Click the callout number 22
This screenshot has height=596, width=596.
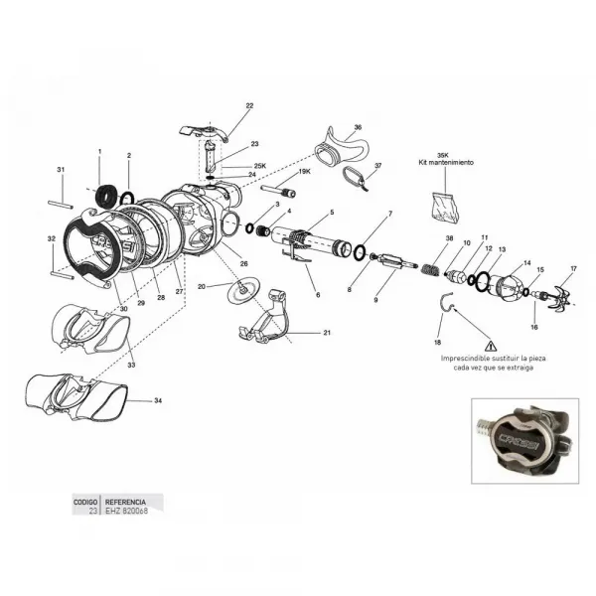pyautogui.click(x=249, y=105)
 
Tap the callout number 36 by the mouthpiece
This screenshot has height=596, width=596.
pyautogui.click(x=358, y=127)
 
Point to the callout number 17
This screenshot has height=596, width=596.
pyautogui.click(x=572, y=268)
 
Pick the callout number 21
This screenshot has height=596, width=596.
pyautogui.click(x=325, y=332)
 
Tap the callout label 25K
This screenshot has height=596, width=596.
pyautogui.click(x=259, y=165)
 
